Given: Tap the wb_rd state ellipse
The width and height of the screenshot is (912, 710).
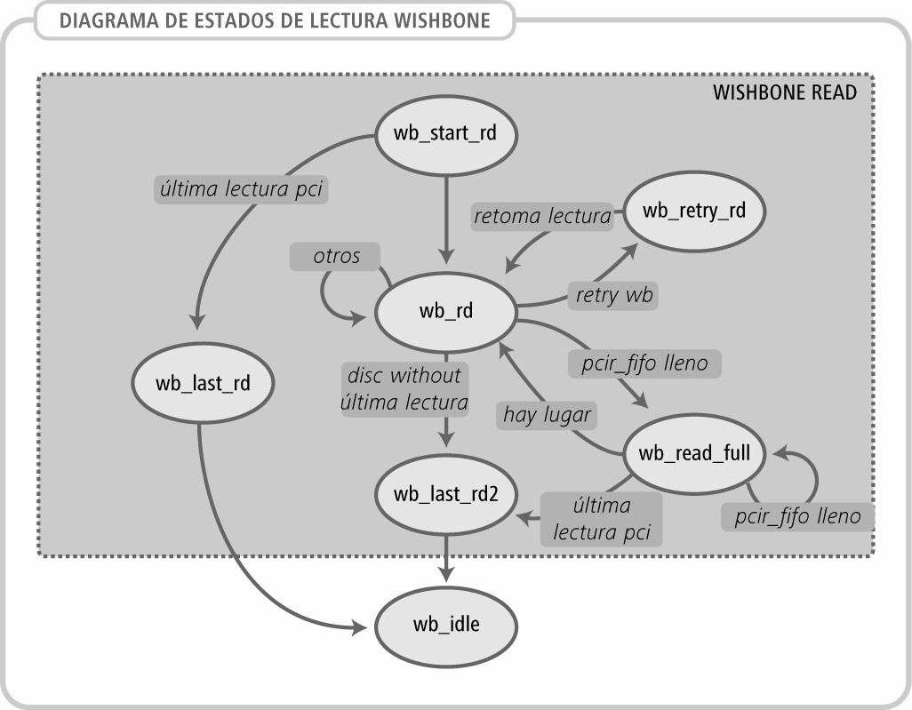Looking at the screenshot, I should pos(444,311).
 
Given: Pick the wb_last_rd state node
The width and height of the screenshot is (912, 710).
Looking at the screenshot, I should pos(202,384).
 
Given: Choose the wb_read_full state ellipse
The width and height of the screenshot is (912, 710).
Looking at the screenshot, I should pos(694,453).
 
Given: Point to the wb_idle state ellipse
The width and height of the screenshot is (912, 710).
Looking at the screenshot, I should pos(445,624).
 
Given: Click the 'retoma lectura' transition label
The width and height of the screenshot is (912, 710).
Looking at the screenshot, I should pos(542,215).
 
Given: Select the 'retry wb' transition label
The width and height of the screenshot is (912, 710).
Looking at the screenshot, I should pos(612,295).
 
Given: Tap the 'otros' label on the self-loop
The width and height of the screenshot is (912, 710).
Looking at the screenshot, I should pos(336,256).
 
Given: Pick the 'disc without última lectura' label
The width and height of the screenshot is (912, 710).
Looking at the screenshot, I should pos(405,388).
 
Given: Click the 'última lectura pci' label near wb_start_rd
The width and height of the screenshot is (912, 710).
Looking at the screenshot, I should pos(241,187).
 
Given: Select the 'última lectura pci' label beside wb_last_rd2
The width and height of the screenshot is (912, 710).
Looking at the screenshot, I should pos(602,519).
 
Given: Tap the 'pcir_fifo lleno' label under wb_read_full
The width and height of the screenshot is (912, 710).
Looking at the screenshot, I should pos(797,515).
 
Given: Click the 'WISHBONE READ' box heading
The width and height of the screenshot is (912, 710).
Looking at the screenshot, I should pos(785,92).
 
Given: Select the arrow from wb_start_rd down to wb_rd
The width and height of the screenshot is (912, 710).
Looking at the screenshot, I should pos(445,213).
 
